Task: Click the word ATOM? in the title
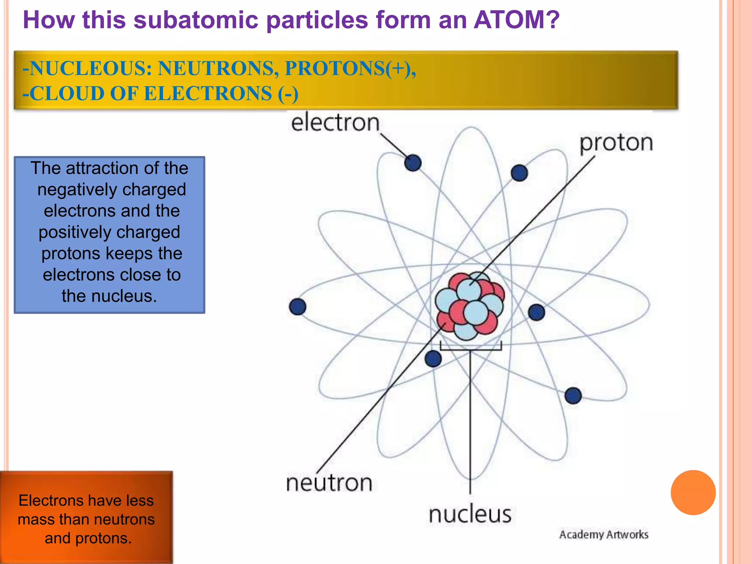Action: click(516, 20)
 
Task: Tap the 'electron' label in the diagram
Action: click(335, 123)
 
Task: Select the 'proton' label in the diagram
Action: click(616, 142)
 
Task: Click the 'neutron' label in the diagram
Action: click(329, 483)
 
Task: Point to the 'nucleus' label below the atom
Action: click(470, 514)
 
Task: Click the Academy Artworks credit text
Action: click(603, 535)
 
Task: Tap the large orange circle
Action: click(693, 492)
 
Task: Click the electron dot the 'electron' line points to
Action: click(413, 163)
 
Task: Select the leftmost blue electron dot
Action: click(297, 307)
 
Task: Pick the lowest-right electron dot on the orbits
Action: click(573, 396)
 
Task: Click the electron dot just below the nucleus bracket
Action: click(433, 359)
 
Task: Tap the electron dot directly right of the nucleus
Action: click(536, 312)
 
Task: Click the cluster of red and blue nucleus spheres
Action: click(470, 306)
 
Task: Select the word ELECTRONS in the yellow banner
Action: click(208, 94)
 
